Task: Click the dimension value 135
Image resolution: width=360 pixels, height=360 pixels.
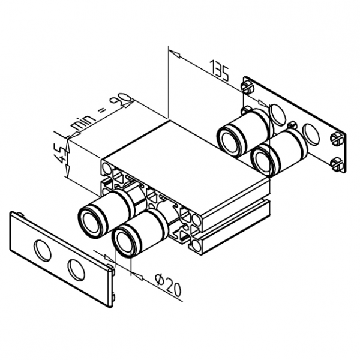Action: (220, 70)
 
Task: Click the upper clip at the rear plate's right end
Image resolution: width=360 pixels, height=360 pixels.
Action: (337, 140)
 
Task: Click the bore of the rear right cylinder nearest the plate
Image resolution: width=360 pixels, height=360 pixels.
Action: (262, 160)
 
